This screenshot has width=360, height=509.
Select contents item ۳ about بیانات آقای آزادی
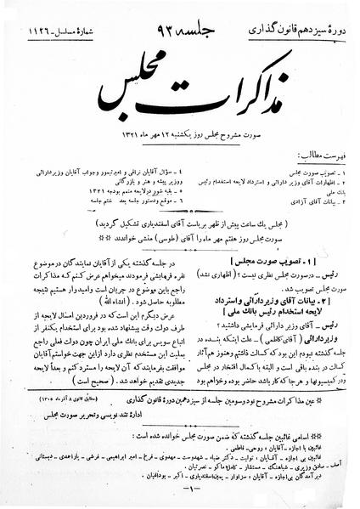pos(298,198)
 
